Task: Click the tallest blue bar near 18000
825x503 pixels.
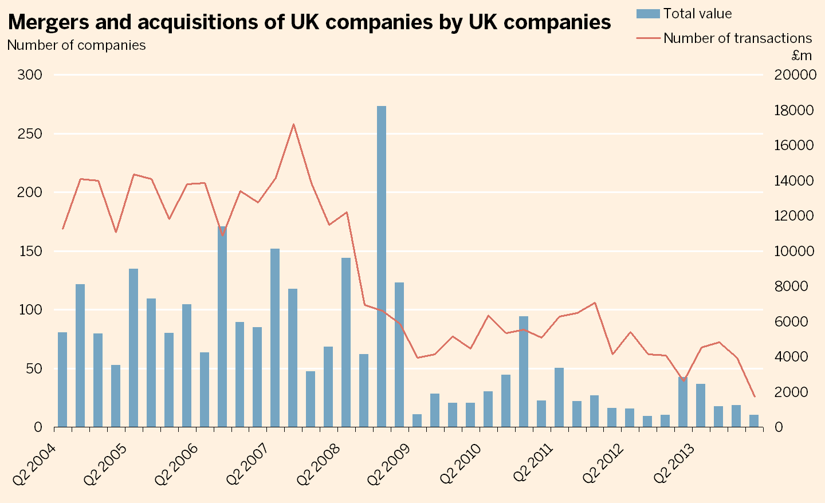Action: tap(382, 266)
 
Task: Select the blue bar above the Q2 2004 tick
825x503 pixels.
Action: tap(62, 379)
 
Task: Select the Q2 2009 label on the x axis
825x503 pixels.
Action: tap(388, 464)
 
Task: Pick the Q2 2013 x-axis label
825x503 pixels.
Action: tap(674, 464)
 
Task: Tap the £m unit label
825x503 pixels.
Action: tap(802, 56)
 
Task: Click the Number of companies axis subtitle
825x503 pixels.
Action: tap(76, 45)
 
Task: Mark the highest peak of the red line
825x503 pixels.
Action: tap(293, 124)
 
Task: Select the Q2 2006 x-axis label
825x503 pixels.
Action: tap(175, 464)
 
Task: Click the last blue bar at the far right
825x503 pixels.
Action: tap(754, 421)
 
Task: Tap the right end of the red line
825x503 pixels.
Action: tap(755, 396)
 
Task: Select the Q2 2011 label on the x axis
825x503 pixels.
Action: tap(531, 464)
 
